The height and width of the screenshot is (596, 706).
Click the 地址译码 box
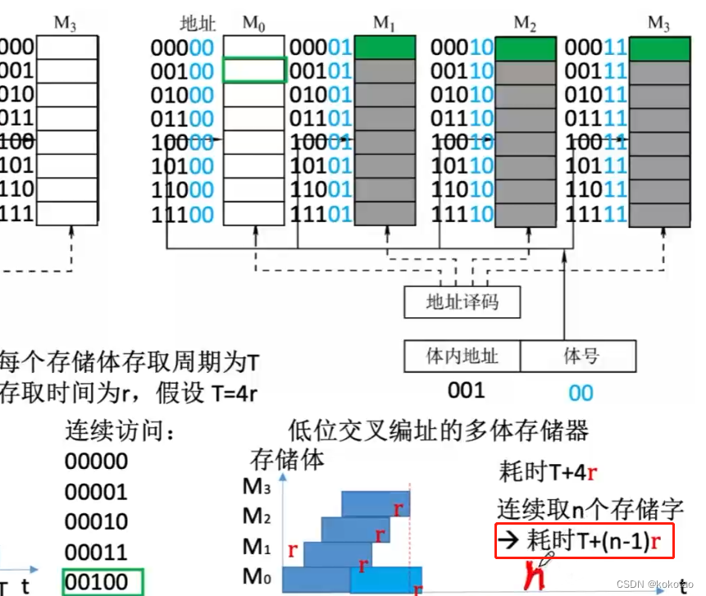point(462,303)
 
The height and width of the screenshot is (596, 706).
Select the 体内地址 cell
point(462,357)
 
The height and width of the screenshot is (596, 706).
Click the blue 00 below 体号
point(581,393)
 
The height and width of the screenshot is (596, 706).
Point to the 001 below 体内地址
point(466,391)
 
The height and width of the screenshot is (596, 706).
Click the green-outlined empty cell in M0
point(253,71)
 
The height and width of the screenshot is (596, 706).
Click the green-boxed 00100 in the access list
point(96,582)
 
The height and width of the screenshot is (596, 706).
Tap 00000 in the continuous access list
point(96,462)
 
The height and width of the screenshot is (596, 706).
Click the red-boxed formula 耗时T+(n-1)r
point(579,540)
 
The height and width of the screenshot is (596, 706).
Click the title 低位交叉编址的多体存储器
point(439,430)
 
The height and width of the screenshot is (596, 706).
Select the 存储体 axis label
point(287,459)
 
